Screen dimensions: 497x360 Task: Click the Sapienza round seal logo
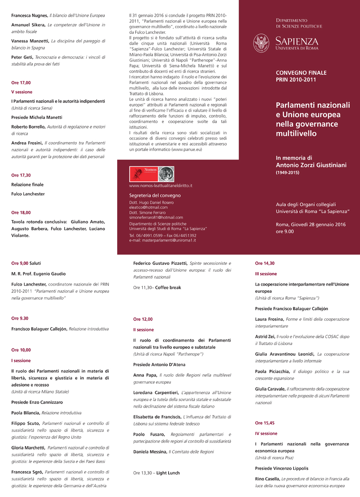coord(262,43)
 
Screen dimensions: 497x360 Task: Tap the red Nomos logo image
coord(143,174)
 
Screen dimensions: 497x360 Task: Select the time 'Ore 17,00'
coord(21,83)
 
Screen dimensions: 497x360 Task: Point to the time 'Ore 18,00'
coord(21,213)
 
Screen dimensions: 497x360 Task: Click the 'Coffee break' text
coord(168,288)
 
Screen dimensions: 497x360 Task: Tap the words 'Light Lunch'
coord(168,473)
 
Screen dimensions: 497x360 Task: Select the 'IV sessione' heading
coord(266,434)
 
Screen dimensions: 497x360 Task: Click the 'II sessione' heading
coord(143,330)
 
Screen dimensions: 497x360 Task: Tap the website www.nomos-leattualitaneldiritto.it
coord(161,186)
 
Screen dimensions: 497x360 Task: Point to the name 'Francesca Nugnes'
coord(29,16)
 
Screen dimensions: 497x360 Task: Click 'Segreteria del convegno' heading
coord(155,196)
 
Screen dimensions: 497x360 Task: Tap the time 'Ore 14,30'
coord(265,263)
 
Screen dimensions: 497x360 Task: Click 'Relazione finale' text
coord(27,185)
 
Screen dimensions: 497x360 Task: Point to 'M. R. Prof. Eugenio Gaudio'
coord(39,274)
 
